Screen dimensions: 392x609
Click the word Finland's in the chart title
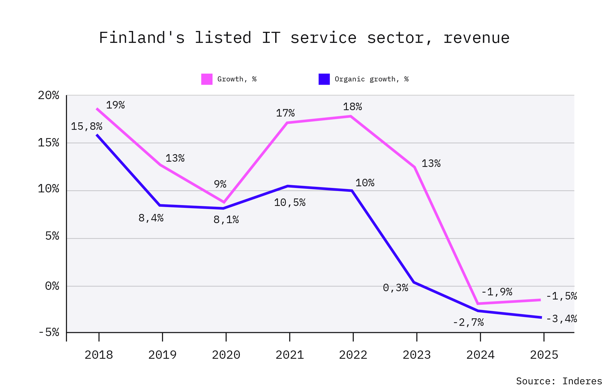tap(142, 38)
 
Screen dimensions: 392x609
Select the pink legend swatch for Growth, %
tap(207, 79)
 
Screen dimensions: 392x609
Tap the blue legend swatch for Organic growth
tap(324, 79)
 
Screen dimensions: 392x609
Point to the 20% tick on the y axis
tap(48, 96)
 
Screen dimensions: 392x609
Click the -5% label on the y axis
tap(49, 332)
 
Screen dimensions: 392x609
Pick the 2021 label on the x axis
tap(290, 355)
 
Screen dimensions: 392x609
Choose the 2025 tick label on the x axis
tap(544, 355)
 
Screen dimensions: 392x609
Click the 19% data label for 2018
tap(115, 105)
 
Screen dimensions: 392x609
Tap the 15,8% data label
tap(87, 127)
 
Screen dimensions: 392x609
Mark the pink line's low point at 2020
tap(224, 202)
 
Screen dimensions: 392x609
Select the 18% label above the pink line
tap(352, 107)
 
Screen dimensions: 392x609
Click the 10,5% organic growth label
tap(290, 203)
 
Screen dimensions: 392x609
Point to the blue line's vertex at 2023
tap(414, 282)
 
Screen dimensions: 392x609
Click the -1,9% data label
tap(497, 292)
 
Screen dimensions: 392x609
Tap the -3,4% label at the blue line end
tap(561, 319)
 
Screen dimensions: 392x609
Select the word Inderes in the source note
tap(582, 381)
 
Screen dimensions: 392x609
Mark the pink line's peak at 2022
tap(351, 117)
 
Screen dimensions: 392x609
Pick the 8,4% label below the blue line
tap(151, 218)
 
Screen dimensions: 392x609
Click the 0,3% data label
tap(395, 288)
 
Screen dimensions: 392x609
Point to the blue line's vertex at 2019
tap(160, 205)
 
